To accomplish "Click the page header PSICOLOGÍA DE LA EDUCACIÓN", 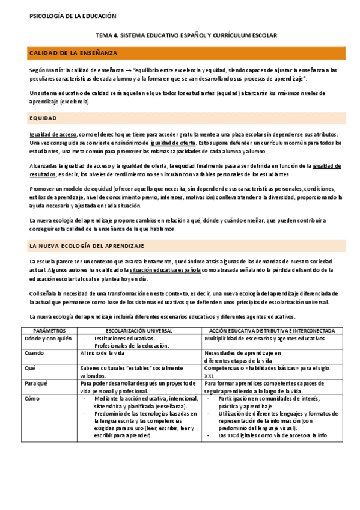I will point(73,16).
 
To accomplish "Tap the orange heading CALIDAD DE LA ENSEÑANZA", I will point(73,54).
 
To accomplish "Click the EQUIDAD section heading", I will point(43,118).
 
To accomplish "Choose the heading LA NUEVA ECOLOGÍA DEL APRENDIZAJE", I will point(87,246).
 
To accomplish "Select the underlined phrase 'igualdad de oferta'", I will point(172,143).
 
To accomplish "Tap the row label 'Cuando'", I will point(34,353).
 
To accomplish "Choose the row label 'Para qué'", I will point(37,382).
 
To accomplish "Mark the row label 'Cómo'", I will point(32,398).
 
